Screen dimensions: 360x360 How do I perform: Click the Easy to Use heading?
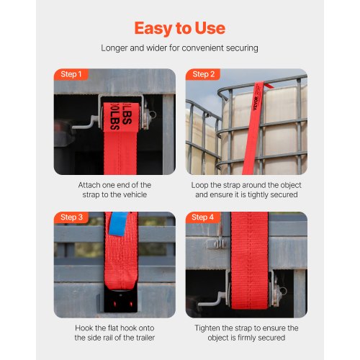(x=180, y=29)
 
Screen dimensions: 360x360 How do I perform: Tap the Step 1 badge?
(x=71, y=74)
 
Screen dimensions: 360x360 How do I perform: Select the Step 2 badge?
(x=203, y=74)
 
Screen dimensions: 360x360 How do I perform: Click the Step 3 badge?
(x=71, y=217)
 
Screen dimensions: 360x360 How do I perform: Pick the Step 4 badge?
(x=203, y=217)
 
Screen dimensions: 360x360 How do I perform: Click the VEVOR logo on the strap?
(x=256, y=104)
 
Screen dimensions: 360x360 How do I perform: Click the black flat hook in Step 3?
(x=121, y=301)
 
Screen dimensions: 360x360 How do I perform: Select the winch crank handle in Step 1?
(x=85, y=123)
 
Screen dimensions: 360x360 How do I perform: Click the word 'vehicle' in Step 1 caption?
(x=134, y=194)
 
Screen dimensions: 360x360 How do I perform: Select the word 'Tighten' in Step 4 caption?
(x=207, y=328)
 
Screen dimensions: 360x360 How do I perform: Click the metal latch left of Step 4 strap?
(x=217, y=244)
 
